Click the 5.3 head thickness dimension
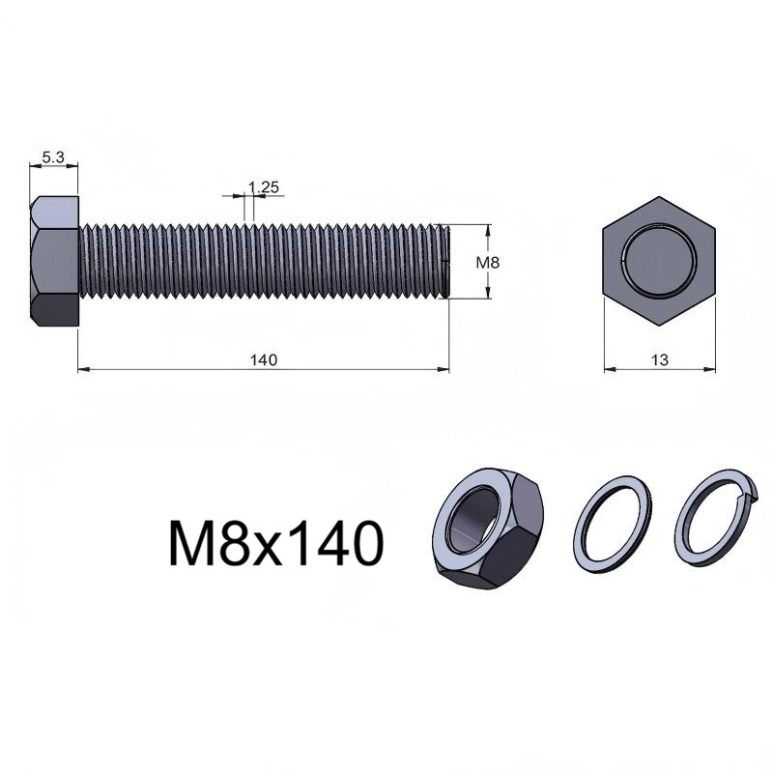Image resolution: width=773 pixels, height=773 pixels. [53, 157]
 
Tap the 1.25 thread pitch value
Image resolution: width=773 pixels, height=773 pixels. [263, 187]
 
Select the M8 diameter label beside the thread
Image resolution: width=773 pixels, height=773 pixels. [488, 262]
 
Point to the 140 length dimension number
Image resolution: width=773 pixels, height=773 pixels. [264, 359]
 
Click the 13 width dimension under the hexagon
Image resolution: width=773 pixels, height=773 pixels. [660, 360]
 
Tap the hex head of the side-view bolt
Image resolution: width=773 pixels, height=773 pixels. [54, 261]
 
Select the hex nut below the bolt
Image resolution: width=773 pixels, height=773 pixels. [488, 529]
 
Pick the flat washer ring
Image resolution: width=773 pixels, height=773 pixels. [613, 524]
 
